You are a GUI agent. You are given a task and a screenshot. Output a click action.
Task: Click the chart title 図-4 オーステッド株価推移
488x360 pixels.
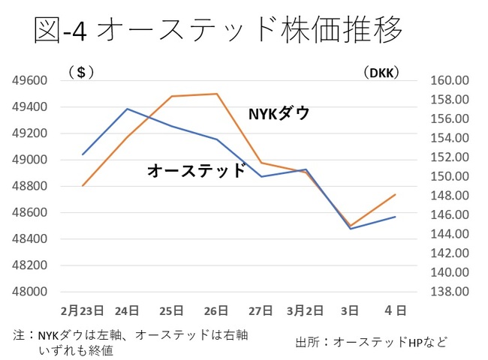[x=218, y=31]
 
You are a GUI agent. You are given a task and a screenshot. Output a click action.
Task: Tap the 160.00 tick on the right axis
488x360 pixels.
[x=449, y=80]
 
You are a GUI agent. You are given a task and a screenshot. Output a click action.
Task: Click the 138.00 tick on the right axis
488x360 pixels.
[x=449, y=292]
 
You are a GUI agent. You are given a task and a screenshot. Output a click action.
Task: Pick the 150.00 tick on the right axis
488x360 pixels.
[x=449, y=177]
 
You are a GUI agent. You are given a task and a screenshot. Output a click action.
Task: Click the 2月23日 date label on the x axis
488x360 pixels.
[x=82, y=309]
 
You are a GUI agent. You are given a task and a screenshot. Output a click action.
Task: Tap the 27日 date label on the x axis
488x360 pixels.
[x=261, y=309]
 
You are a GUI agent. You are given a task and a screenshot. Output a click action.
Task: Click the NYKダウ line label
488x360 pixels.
[x=279, y=113]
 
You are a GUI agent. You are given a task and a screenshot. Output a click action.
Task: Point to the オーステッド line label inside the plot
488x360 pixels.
[x=196, y=171]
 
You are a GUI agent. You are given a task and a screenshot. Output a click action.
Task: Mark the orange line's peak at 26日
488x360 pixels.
[x=217, y=94]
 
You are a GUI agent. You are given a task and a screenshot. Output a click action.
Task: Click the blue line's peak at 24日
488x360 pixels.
[x=127, y=109]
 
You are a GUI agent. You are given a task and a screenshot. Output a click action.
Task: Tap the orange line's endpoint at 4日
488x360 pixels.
[x=396, y=194]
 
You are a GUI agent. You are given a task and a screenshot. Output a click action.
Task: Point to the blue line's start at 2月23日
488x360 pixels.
[x=83, y=154]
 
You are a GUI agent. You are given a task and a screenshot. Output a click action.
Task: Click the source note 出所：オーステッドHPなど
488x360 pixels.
[x=371, y=342]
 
